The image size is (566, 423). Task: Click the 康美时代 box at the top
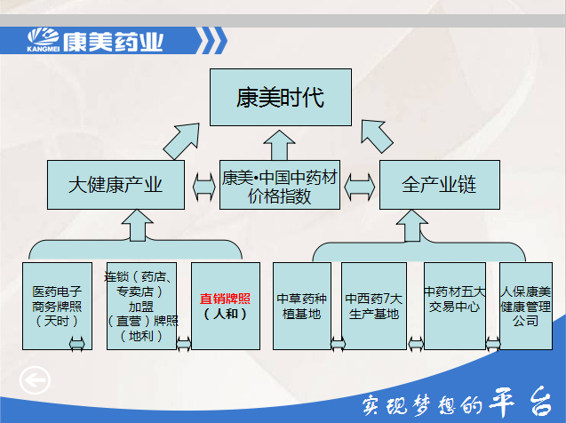pos(281,97)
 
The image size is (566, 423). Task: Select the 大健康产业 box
pos(116,185)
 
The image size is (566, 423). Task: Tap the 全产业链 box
pos(439,185)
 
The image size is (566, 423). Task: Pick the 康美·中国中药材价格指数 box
pos(279,185)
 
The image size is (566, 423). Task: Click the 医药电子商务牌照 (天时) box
pos(57,306)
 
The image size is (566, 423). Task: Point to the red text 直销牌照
pos(225,299)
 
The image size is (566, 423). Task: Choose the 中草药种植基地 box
pos(302,306)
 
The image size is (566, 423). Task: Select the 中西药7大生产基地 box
pos(373,306)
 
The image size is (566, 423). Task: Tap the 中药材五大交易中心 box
pos(454,306)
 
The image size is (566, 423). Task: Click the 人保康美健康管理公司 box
pos(526,306)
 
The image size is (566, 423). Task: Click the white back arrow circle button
pos(35,380)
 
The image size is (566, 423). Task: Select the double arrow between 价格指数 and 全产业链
pos(360,187)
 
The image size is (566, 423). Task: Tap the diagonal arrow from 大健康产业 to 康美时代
pos(182,141)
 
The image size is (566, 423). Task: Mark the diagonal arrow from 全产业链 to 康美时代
pos(377,136)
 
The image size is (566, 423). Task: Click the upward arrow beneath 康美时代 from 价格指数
pos(279,145)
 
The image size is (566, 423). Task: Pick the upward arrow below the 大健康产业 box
pos(137,225)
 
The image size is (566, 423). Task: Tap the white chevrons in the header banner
pos(211,40)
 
